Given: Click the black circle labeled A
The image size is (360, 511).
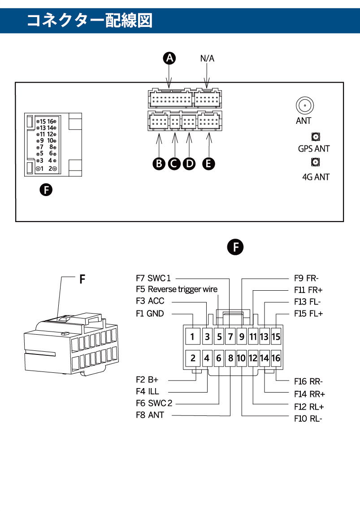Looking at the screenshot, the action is click(169, 58).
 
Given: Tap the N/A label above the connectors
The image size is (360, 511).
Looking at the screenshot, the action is click(207, 58).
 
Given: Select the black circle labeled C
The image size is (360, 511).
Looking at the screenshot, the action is click(174, 163).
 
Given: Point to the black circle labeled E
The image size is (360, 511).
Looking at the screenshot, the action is click(208, 163).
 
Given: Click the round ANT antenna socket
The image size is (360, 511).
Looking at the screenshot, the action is click(304, 105).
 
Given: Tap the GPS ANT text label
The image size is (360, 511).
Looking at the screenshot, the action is click(314, 148).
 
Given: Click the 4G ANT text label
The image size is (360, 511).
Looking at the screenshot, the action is click(316, 177).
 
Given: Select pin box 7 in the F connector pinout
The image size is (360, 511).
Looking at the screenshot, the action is click(230, 336).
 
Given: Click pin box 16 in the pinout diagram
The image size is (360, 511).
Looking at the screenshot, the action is click(276, 358).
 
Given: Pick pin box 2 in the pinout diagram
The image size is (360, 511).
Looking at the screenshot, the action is click(192, 358).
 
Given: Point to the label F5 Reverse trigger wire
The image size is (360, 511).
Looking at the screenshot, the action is click(177, 289).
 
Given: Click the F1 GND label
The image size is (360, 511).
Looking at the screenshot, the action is click(150, 314).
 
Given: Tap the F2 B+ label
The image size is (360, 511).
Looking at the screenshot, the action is click(147, 380).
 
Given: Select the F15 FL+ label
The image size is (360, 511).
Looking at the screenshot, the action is click(308, 314).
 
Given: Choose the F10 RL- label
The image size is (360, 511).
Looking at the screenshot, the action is click(308, 419).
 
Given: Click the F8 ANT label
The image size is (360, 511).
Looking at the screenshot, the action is click(150, 415).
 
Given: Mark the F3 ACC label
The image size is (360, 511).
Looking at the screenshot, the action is click(150, 301).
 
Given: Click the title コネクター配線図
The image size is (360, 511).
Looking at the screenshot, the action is click(90, 20).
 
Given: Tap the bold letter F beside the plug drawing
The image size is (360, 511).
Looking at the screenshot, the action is click(82, 280).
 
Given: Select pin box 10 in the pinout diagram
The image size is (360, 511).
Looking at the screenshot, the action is click(241, 358).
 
